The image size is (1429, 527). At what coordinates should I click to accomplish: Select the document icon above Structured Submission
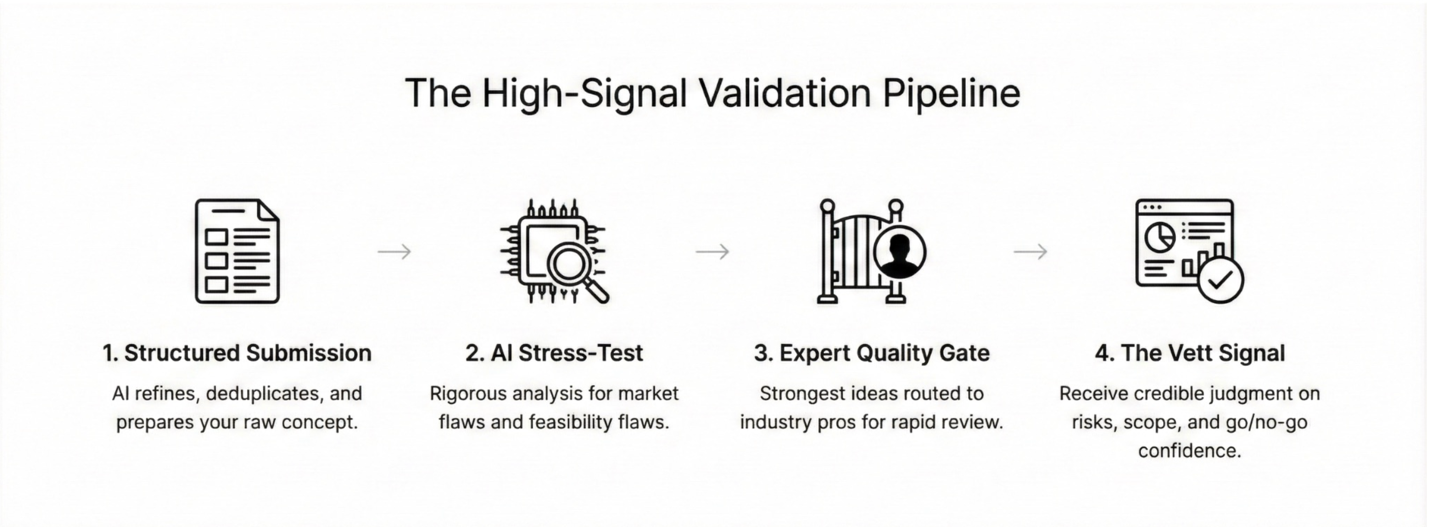click(237, 251)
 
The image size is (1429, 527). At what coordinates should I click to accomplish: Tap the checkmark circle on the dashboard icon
click(1220, 280)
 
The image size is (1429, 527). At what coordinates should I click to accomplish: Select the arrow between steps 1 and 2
click(394, 252)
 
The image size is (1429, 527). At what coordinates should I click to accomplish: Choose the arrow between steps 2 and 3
click(712, 252)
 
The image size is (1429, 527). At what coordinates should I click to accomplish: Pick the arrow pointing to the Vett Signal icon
click(1030, 252)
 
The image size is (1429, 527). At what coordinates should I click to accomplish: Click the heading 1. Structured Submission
click(237, 353)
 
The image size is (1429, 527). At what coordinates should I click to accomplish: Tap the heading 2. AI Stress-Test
click(554, 353)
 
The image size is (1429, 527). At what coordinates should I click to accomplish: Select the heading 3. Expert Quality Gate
click(871, 353)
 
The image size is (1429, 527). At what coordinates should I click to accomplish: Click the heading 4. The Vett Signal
click(1189, 353)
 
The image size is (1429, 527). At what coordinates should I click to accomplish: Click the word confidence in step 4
click(1189, 450)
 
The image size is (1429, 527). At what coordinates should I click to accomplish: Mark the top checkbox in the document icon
click(217, 237)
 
